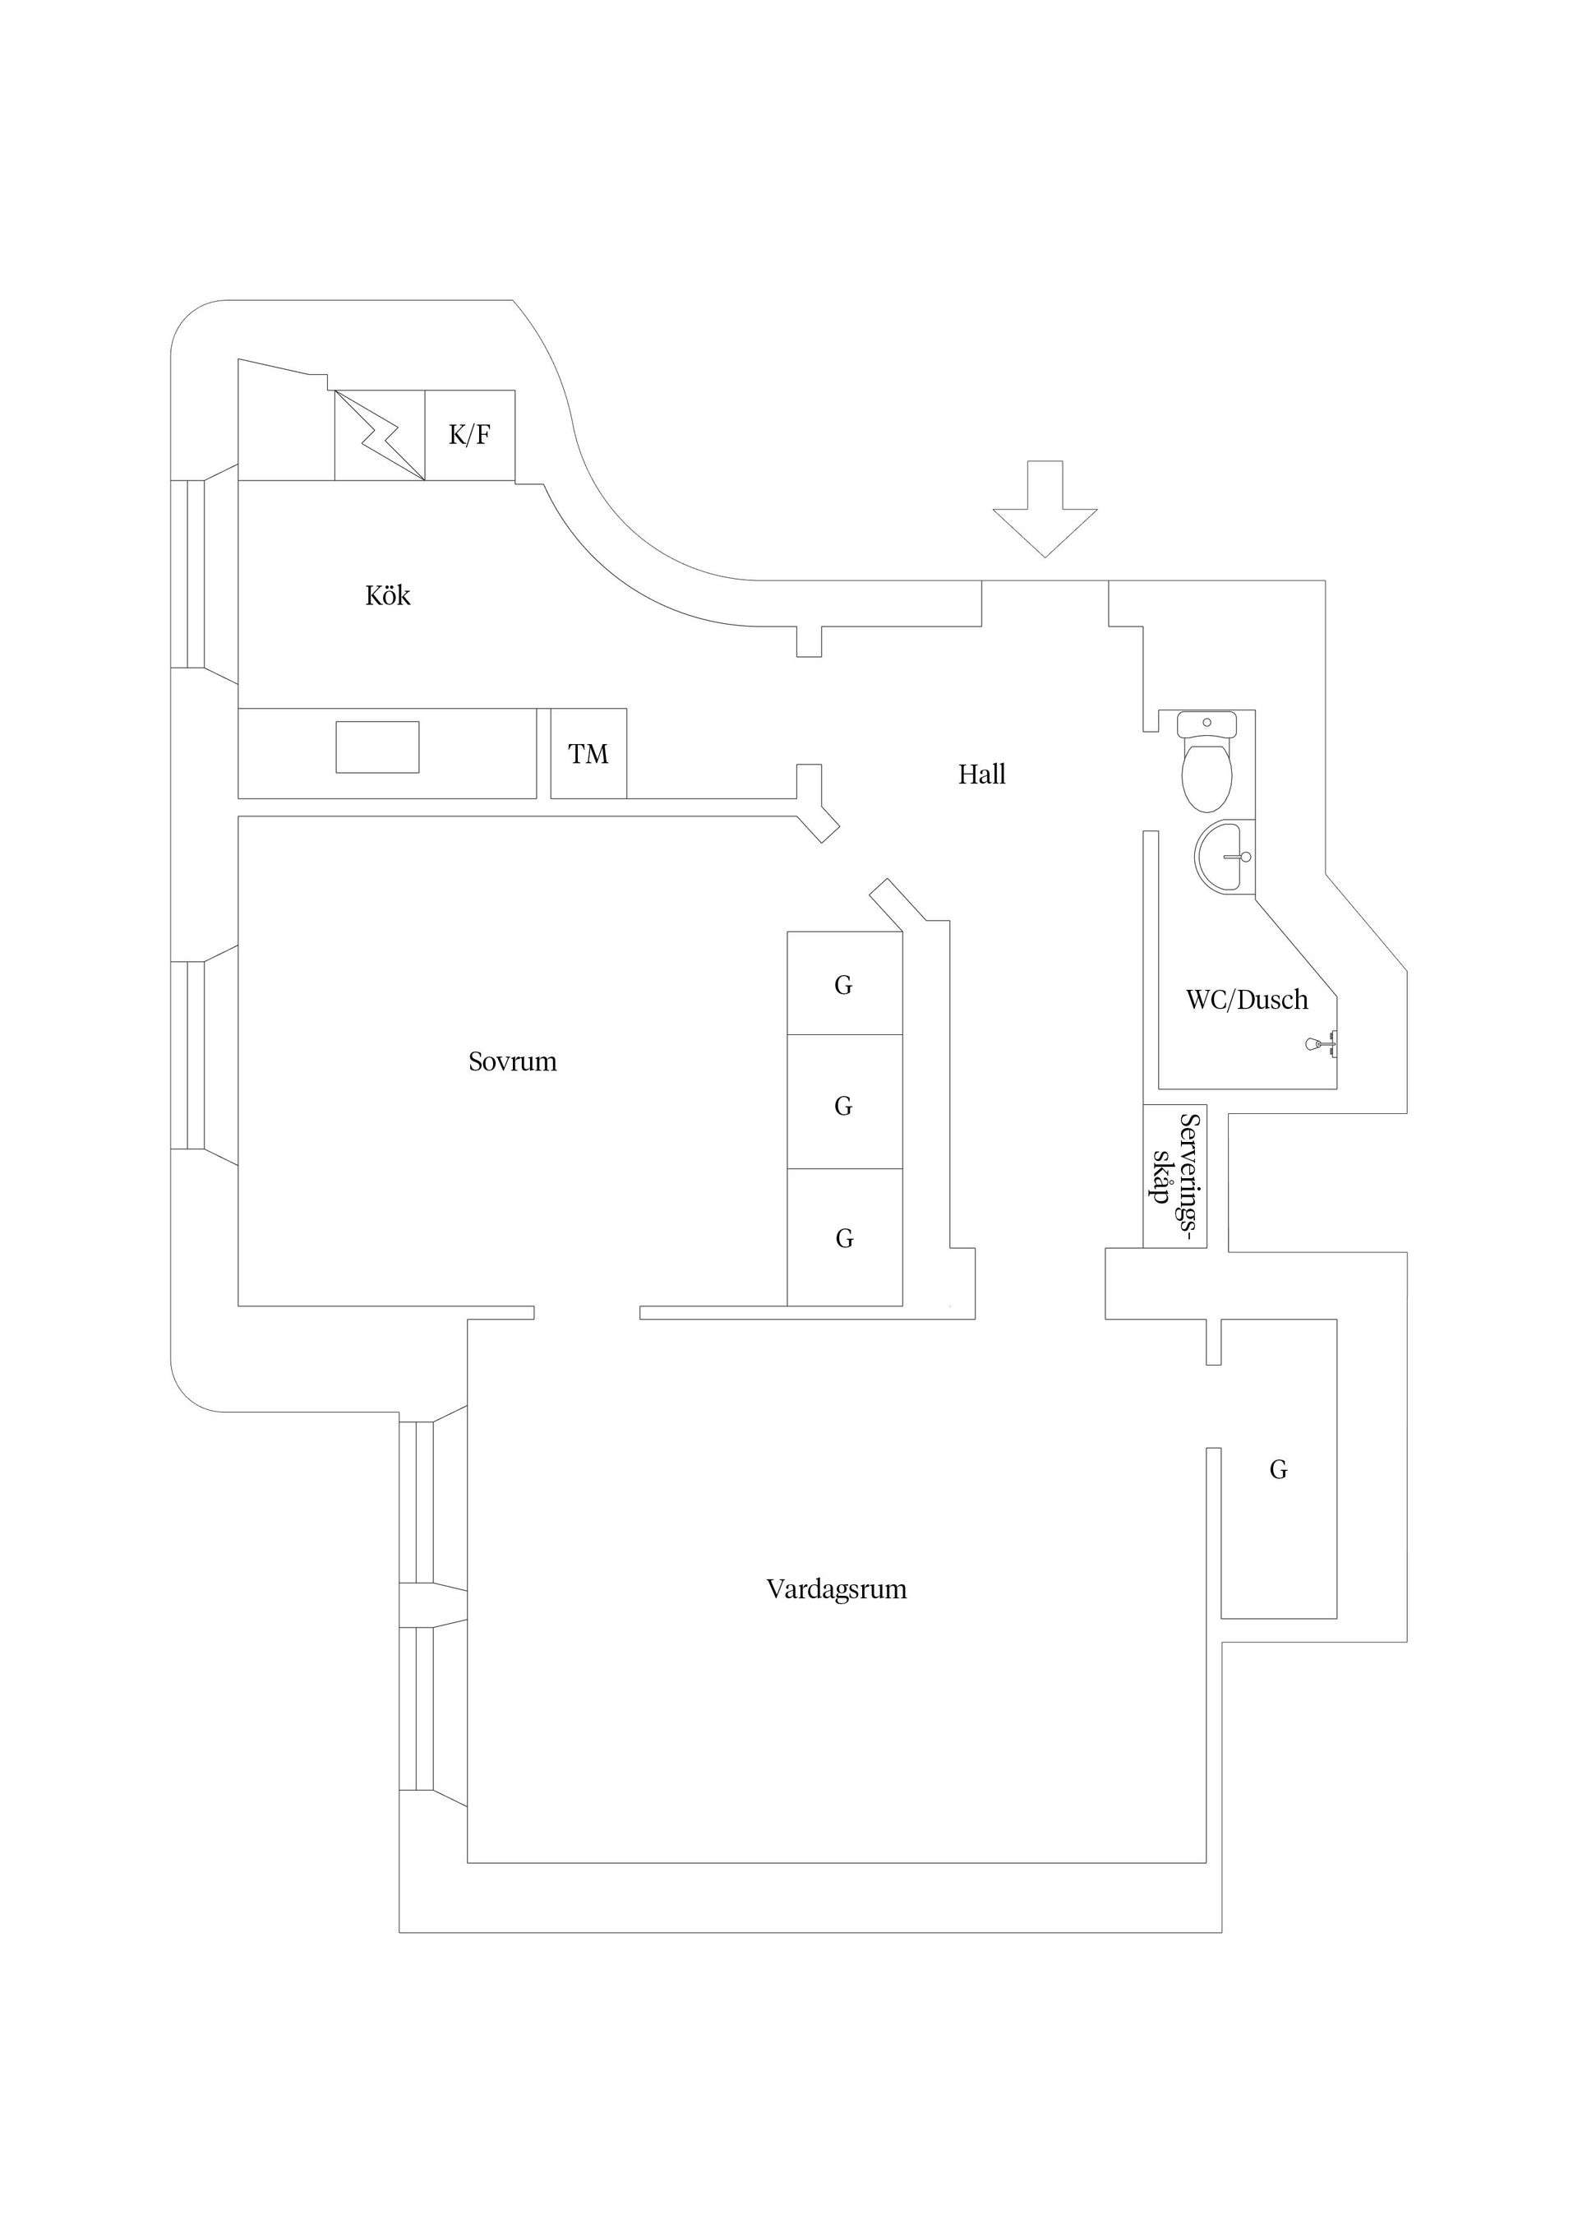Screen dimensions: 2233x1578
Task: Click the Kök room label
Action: (x=387, y=595)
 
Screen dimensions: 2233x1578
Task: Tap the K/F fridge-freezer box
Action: (x=469, y=435)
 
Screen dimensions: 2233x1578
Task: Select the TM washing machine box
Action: (x=588, y=754)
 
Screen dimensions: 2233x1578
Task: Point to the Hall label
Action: (x=981, y=774)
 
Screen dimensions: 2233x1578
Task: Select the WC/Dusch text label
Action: (x=1247, y=1000)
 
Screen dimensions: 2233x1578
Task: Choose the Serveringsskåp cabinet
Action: (x=1174, y=1176)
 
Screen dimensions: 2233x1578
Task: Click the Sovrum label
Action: (x=512, y=1061)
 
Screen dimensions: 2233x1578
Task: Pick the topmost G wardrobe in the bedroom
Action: (x=844, y=984)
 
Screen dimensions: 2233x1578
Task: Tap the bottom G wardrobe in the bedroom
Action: (x=844, y=1237)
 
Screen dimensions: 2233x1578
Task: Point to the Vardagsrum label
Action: (x=836, y=1589)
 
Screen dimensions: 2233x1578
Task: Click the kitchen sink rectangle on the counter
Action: (x=377, y=747)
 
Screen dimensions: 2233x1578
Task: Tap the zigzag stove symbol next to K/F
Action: (x=381, y=435)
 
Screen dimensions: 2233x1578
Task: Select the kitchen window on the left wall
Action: (x=196, y=574)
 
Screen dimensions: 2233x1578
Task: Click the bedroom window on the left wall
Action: (x=196, y=1055)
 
